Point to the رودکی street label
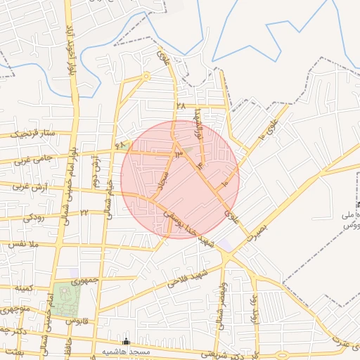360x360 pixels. pos(33,218)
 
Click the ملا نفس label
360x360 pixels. pos(23,244)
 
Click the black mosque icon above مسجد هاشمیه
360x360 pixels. pos(127,341)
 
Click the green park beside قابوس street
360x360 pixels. pos(66,298)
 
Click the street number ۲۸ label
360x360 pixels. pos(181,106)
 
